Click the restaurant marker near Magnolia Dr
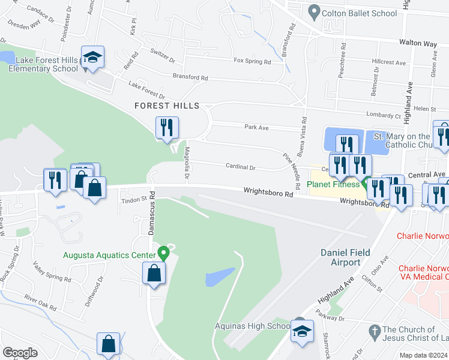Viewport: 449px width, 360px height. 166,127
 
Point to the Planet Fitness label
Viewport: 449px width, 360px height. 334,184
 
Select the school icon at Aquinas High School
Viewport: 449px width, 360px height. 302,331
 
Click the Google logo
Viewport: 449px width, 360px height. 20,353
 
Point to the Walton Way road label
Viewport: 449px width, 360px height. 418,43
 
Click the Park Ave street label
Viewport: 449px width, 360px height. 256,127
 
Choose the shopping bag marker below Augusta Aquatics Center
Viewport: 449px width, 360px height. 154,274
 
